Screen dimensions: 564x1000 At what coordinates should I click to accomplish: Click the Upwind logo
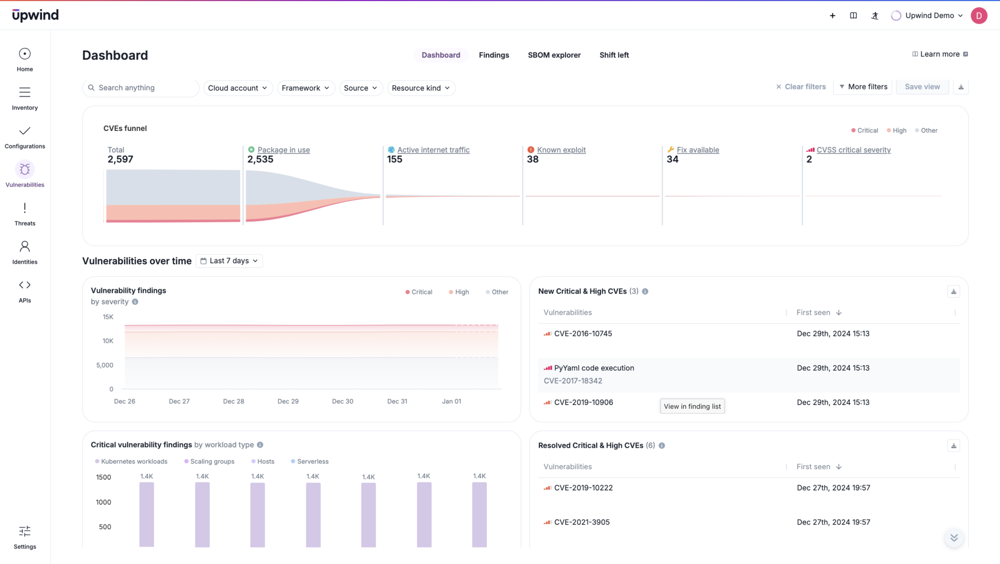pyautogui.click(x=35, y=15)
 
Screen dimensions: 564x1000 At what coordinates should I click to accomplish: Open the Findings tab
pyautogui.click(x=494, y=55)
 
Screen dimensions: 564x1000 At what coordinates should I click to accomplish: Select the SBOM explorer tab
pyautogui.click(x=554, y=55)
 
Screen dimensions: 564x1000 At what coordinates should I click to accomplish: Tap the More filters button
pyautogui.click(x=863, y=87)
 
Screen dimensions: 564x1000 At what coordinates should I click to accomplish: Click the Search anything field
pyautogui.click(x=142, y=88)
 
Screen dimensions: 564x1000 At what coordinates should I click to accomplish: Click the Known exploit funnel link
pyautogui.click(x=561, y=150)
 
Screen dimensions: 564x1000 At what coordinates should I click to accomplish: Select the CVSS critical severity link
pyautogui.click(x=853, y=150)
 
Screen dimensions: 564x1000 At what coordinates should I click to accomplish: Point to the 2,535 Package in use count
pyautogui.click(x=260, y=159)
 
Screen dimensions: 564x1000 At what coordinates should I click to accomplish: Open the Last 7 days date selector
pyautogui.click(x=229, y=261)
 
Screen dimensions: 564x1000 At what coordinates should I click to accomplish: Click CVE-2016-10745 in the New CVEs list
pyautogui.click(x=583, y=334)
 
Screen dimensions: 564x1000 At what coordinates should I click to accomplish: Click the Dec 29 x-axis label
pyautogui.click(x=288, y=401)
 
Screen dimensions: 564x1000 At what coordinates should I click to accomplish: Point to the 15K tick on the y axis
pyautogui.click(x=108, y=317)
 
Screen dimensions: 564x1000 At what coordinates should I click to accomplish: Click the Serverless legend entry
pyautogui.click(x=312, y=461)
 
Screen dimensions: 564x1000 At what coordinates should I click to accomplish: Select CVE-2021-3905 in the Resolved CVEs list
pyautogui.click(x=582, y=522)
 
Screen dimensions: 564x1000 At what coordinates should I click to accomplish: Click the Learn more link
pyautogui.click(x=939, y=54)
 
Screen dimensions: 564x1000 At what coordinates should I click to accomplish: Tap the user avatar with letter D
pyautogui.click(x=979, y=16)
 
